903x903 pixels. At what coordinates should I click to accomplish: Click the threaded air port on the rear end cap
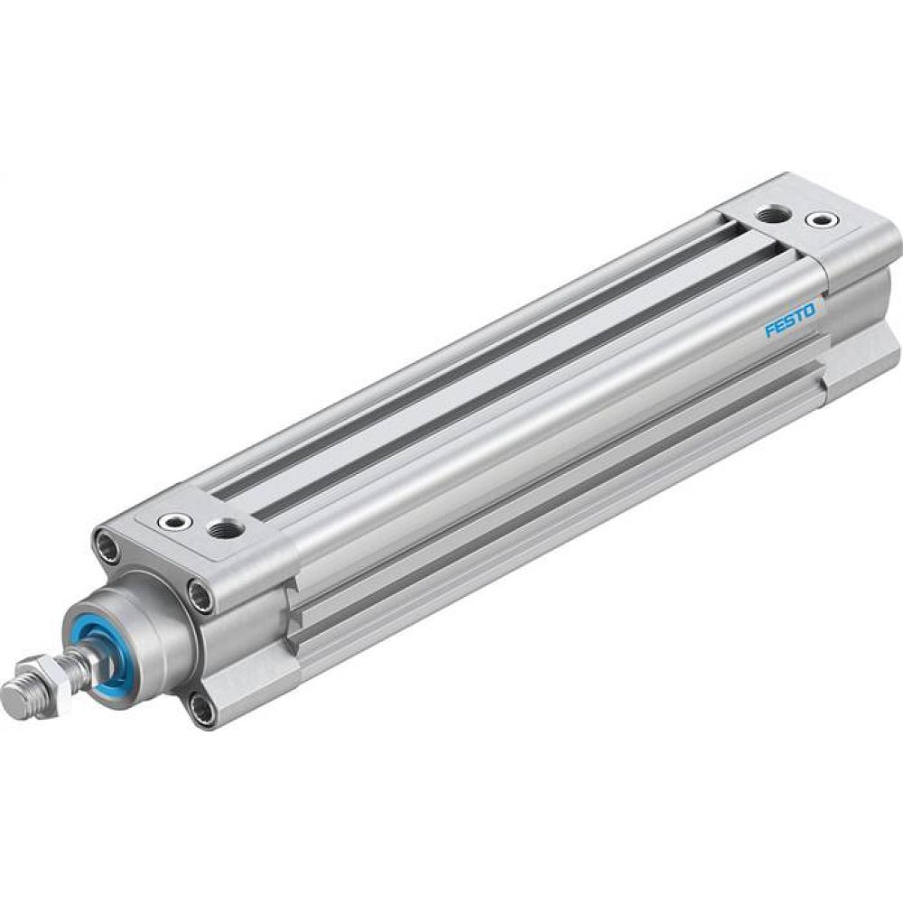tap(773, 214)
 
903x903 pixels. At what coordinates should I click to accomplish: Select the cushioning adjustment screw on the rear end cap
tap(821, 219)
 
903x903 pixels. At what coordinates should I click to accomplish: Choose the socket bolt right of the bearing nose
tap(200, 591)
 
